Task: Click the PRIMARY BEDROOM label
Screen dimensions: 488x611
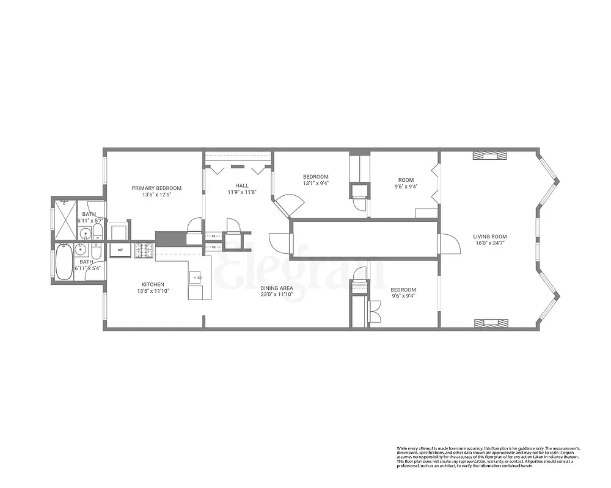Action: point(156,188)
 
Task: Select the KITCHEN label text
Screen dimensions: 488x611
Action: point(153,284)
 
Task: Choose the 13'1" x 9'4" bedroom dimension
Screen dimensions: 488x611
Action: point(315,183)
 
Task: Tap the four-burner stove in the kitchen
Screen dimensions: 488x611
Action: point(144,250)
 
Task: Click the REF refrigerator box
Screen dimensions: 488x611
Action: point(120,250)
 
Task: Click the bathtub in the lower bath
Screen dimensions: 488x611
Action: point(63,262)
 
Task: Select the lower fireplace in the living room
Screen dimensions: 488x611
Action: point(489,323)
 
